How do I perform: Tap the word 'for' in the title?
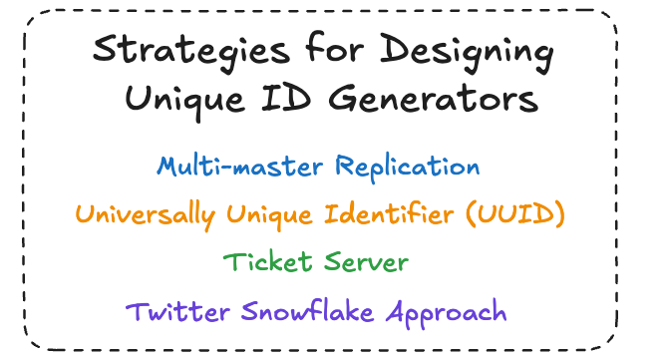click(x=334, y=47)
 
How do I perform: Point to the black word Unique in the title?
click(x=184, y=101)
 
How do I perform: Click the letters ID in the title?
click(x=286, y=98)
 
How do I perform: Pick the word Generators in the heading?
click(x=434, y=98)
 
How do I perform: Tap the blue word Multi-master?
click(x=239, y=166)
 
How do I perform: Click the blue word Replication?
click(x=408, y=168)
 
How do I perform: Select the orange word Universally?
click(x=146, y=215)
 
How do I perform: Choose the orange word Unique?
click(x=270, y=216)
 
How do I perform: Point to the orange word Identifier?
click(x=389, y=213)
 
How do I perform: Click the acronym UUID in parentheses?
click(x=515, y=213)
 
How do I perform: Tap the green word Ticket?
click(x=267, y=262)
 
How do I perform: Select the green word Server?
click(x=366, y=262)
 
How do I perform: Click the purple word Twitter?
click(x=177, y=312)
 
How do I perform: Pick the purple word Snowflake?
click(x=307, y=311)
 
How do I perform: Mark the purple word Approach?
click(x=446, y=313)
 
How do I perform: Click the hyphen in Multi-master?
click(x=226, y=169)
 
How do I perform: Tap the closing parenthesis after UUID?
click(x=560, y=214)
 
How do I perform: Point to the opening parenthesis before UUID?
click(x=471, y=214)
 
